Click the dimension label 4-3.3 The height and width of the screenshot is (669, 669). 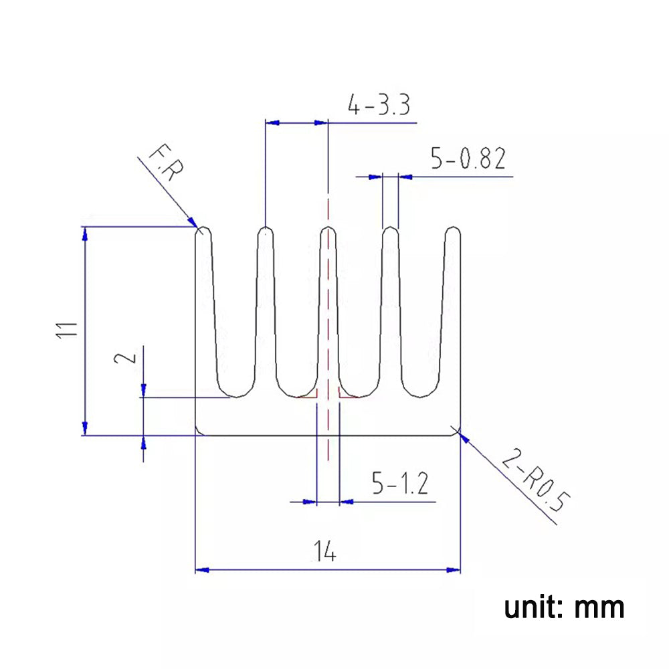coord(378,106)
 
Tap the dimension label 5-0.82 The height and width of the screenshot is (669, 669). coord(468,160)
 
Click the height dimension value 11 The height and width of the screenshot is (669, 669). coord(68,331)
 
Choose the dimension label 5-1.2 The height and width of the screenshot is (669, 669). coord(399,483)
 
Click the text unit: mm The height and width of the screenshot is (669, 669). coord(564,607)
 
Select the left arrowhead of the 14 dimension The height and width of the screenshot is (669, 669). coord(201,570)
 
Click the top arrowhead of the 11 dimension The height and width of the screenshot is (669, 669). coord(84,233)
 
